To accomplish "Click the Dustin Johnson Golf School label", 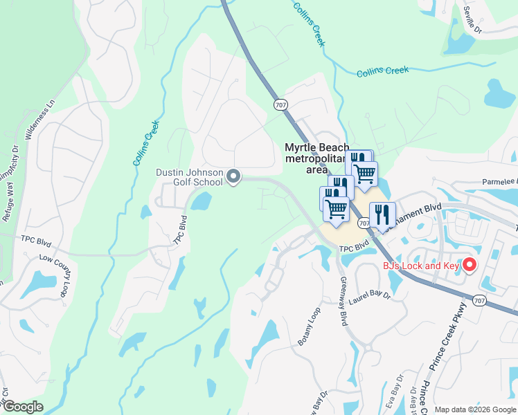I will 188,177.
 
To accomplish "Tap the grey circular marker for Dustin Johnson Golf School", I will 233,177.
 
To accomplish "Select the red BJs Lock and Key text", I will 422,266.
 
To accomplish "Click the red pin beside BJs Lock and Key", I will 470,265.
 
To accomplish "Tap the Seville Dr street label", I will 472,20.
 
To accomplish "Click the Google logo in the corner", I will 23,407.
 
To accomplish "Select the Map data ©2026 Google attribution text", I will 474,409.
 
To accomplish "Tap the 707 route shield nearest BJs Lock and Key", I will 479,300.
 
